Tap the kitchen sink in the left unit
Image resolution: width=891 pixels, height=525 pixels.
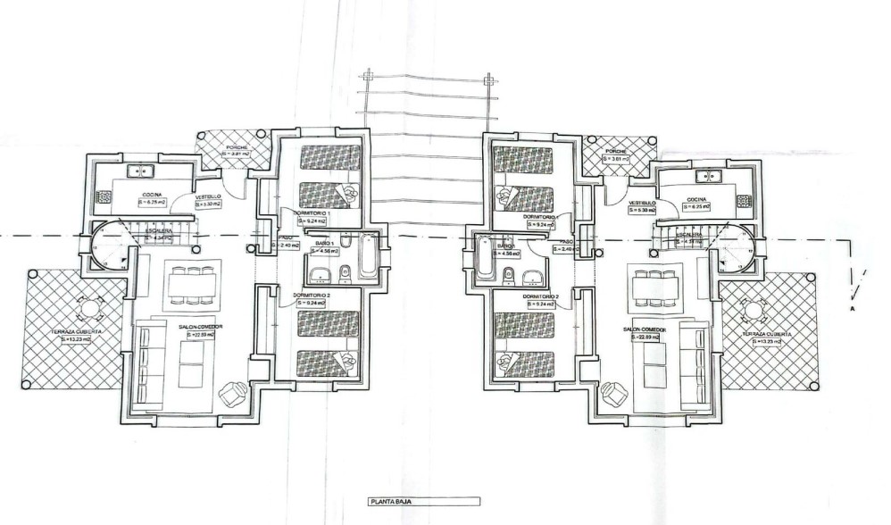point(141,171)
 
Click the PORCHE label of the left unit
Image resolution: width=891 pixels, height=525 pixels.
point(236,146)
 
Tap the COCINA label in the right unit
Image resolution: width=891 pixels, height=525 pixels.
point(697,199)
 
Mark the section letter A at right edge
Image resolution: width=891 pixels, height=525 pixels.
point(853,307)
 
